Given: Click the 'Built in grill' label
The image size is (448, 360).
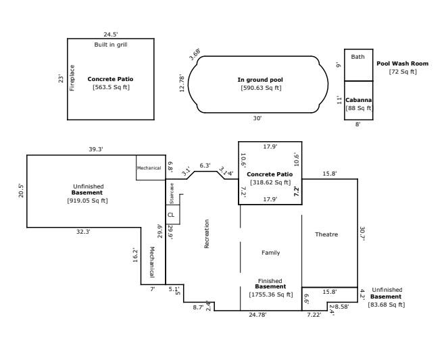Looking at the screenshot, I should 110,45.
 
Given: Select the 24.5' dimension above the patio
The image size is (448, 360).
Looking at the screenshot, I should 111,34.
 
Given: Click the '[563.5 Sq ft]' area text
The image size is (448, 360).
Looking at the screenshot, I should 110,87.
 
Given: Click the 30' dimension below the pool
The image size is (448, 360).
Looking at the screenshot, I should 257,118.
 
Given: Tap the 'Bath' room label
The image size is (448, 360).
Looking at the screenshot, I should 357,57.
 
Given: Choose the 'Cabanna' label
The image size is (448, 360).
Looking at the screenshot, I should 359,100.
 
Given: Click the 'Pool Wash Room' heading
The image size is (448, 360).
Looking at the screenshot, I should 402,63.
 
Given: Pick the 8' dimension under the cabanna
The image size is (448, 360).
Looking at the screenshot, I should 358,124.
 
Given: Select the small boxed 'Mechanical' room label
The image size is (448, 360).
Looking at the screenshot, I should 149,168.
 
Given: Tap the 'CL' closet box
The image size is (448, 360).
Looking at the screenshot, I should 171,215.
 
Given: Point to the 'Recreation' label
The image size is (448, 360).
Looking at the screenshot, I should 207,234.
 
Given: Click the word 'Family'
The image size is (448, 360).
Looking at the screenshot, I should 270,253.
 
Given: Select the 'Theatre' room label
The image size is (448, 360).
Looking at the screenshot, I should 326,234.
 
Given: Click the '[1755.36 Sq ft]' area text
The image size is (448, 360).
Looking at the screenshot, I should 270,294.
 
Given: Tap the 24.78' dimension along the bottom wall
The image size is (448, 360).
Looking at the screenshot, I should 257,315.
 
